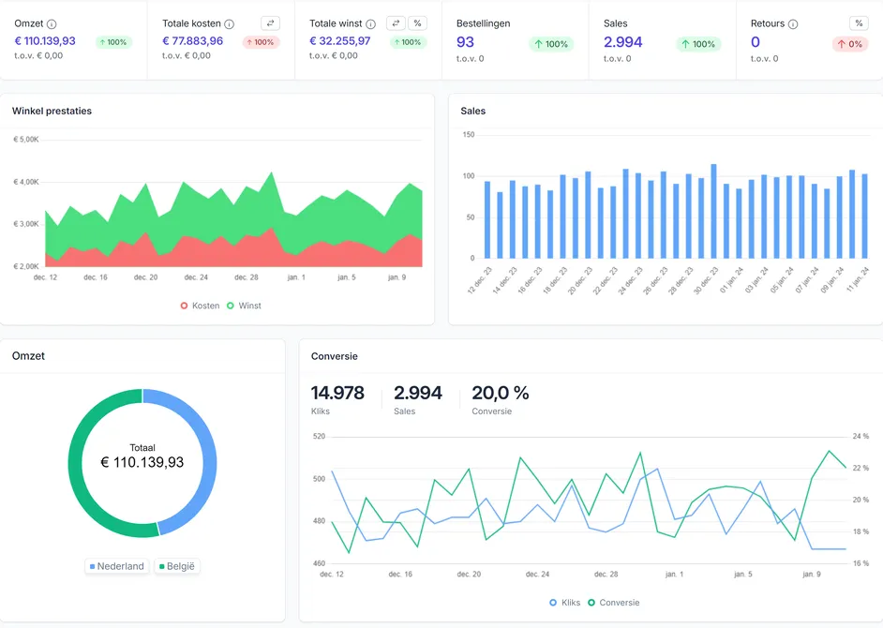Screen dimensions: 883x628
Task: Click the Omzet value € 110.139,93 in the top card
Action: click(45, 40)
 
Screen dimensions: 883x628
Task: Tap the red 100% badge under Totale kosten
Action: click(261, 42)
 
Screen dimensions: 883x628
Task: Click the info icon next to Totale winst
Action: click(370, 23)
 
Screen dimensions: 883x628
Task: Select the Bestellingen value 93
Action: click(465, 42)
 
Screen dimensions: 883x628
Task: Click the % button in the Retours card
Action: click(859, 23)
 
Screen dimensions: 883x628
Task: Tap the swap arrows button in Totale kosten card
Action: click(270, 23)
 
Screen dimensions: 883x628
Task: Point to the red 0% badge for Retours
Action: click(850, 44)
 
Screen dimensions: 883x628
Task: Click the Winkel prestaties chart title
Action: click(52, 111)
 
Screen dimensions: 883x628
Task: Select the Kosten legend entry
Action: click(200, 306)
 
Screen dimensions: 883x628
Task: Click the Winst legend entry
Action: click(244, 306)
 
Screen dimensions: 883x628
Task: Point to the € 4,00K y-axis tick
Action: click(26, 182)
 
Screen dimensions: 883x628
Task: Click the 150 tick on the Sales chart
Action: click(469, 135)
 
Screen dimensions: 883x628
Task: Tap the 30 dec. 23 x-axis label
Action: click(706, 280)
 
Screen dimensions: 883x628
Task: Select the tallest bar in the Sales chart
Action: click(713, 211)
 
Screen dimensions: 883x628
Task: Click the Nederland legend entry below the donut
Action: click(117, 566)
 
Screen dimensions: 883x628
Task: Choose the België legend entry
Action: click(177, 566)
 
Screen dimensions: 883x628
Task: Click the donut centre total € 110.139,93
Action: click(142, 462)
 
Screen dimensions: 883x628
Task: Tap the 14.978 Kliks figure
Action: click(337, 393)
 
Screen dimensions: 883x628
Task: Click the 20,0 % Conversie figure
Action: click(500, 393)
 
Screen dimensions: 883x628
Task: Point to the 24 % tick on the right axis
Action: click(861, 436)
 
